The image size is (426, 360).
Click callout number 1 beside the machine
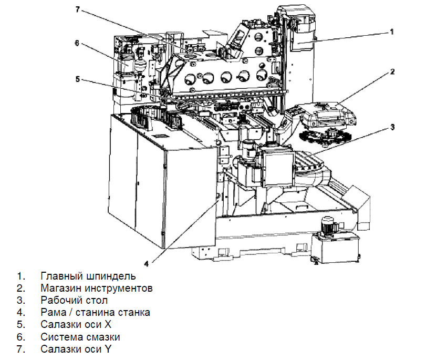391,32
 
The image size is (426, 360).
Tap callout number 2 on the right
392,71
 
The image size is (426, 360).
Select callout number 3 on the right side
392,126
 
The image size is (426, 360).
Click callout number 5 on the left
77,79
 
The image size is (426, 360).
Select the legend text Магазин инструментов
96,288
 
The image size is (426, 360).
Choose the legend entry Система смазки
80,337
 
